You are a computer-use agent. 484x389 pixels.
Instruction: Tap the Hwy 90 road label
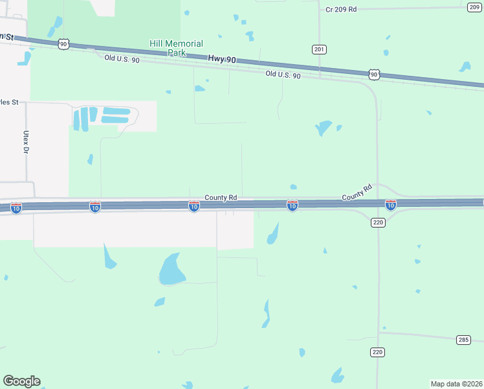tap(222, 59)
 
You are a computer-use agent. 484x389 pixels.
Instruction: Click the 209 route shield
tap(474, 6)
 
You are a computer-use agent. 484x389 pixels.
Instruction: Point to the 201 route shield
tap(319, 49)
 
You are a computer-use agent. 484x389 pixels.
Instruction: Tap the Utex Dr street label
tap(27, 142)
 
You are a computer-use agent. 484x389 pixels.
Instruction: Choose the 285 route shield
tap(463, 340)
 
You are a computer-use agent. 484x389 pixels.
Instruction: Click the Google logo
tap(21, 381)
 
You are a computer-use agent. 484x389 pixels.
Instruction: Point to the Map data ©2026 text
tap(456, 383)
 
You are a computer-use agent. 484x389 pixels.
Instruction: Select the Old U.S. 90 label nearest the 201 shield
tap(283, 75)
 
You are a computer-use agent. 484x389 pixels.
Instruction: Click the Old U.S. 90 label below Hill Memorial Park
tap(122, 59)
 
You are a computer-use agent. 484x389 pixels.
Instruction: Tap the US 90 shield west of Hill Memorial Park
tap(63, 43)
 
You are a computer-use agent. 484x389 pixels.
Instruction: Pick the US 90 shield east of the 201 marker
tap(374, 75)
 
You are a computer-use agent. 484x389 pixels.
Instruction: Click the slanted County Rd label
tap(357, 193)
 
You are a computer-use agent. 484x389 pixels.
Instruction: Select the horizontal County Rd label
tap(221, 197)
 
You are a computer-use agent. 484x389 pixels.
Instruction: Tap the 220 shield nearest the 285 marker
tap(378, 352)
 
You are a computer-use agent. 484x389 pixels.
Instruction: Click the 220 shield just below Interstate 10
tap(379, 222)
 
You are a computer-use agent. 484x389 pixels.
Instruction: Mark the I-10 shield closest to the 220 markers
tap(391, 206)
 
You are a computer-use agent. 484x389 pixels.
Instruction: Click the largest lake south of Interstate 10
tap(170, 269)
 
